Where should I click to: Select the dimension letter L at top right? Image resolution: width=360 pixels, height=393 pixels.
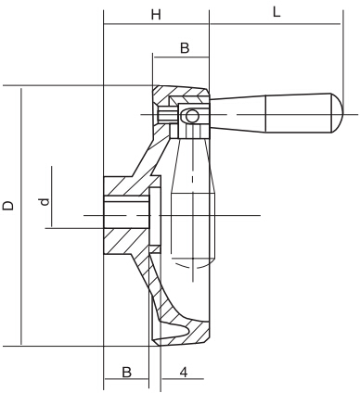coord(276,12)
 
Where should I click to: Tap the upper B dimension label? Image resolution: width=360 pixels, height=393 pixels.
coord(184,47)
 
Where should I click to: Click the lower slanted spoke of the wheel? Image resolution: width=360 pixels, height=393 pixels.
coord(148,278)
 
